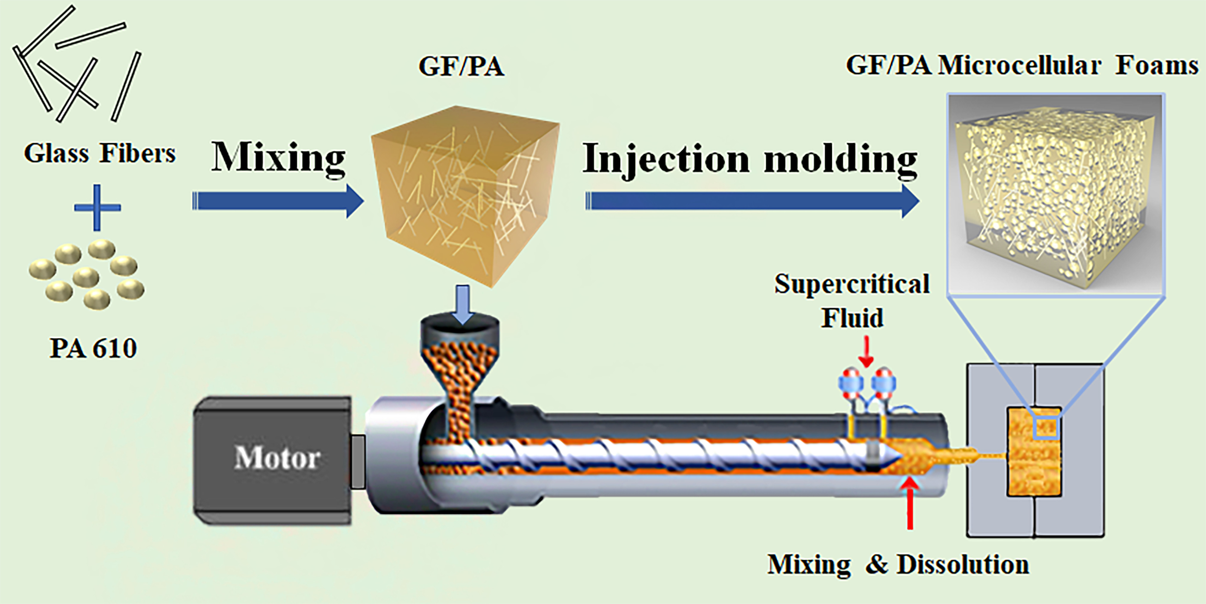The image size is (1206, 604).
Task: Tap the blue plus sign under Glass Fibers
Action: (97, 207)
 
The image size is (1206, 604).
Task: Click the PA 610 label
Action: (93, 348)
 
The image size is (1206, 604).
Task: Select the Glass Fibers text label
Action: (99, 154)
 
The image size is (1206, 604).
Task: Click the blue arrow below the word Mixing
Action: (278, 201)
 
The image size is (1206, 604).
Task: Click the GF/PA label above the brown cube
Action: (461, 67)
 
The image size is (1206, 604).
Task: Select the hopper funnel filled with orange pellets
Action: (460, 365)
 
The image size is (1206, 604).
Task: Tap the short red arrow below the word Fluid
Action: (866, 352)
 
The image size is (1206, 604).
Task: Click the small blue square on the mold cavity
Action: (1046, 427)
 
